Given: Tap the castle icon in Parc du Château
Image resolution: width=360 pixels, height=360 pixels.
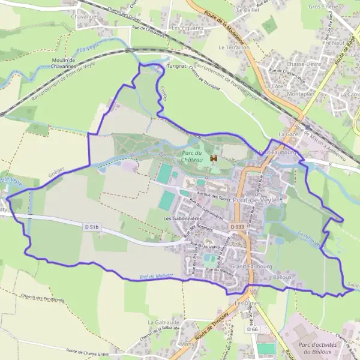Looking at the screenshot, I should click(213, 158).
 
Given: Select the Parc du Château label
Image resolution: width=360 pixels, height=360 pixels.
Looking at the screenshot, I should click(192, 157).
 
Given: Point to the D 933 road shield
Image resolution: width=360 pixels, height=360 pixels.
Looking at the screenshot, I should click(236, 226).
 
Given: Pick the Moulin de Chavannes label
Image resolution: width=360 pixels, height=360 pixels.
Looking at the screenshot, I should click(63, 63).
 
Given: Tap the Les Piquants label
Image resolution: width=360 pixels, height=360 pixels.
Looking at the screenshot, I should click(187, 28).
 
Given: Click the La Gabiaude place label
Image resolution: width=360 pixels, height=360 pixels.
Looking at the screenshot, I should click(161, 322).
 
